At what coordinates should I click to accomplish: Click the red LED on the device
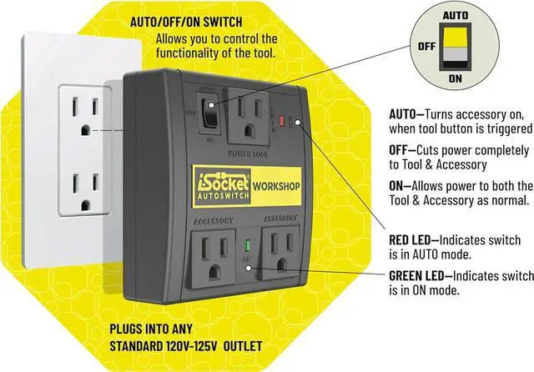[281, 122]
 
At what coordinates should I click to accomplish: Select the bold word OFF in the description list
[401, 150]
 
